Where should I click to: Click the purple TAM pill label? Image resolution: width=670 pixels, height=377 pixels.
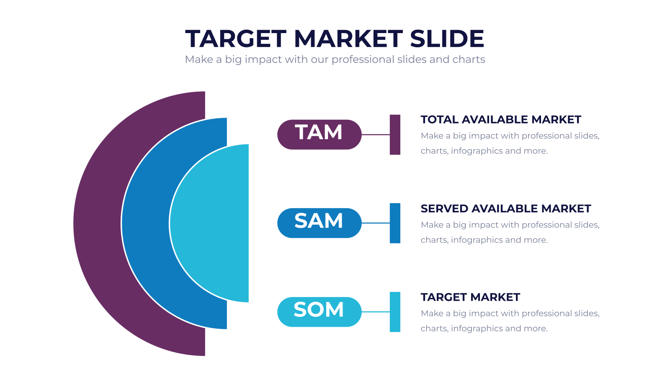pos(320,134)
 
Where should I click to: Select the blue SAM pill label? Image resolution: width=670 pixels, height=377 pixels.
pos(320,223)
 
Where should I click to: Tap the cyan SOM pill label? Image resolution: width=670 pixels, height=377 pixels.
pos(320,312)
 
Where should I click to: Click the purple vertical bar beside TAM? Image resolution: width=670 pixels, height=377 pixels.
pos(395,134)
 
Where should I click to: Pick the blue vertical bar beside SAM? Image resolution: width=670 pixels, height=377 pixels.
pos(395,223)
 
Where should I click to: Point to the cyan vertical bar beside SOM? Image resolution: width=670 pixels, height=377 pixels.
pos(395,312)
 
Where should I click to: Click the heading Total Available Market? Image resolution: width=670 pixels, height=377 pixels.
pos(501,120)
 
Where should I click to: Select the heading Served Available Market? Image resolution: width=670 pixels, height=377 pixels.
pos(506,209)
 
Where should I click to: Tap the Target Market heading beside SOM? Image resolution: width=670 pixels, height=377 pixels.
pos(470,297)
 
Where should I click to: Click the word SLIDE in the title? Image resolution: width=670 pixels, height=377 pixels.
pos(447,39)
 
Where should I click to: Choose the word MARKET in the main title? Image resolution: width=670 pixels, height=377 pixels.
pos(348,39)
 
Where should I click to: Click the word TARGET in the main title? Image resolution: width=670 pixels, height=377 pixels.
pos(236,39)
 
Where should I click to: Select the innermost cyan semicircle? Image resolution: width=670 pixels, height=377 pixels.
pos(209,224)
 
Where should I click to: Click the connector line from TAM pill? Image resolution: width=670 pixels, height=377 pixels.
pos(376,134)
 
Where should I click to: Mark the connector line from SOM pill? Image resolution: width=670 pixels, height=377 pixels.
pos(376,312)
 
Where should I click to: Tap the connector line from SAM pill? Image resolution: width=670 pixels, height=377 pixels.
pos(376,223)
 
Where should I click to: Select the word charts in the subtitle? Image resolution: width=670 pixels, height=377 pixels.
pos(469,59)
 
